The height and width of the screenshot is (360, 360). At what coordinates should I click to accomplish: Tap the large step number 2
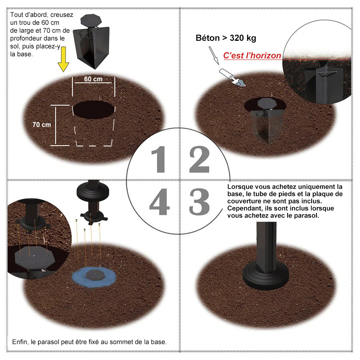[x=199, y=159]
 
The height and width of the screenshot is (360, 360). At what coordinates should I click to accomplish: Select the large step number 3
[x=199, y=202]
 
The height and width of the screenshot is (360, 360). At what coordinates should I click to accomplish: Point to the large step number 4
[x=159, y=202]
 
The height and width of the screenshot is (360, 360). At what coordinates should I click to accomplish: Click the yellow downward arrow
[x=63, y=59]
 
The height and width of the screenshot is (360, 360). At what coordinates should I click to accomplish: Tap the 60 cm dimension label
[x=93, y=79]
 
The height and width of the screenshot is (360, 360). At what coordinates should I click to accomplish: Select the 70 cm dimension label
[x=42, y=125]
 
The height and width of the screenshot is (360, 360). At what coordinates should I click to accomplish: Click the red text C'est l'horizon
[x=252, y=56]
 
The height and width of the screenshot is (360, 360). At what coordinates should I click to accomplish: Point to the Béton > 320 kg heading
[x=226, y=38]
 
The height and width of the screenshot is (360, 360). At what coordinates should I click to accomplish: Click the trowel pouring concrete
[x=232, y=77]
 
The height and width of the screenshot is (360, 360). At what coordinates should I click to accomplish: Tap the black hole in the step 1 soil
[x=94, y=110]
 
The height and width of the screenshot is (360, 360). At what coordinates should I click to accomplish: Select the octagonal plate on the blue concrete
[x=96, y=275]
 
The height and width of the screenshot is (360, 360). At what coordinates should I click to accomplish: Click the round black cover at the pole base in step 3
[x=266, y=276]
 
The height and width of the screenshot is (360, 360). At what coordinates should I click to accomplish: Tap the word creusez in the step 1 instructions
[x=62, y=15]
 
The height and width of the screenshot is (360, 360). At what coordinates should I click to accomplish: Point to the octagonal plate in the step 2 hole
[x=267, y=103]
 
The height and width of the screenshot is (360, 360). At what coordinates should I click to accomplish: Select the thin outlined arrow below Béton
[x=214, y=55]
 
